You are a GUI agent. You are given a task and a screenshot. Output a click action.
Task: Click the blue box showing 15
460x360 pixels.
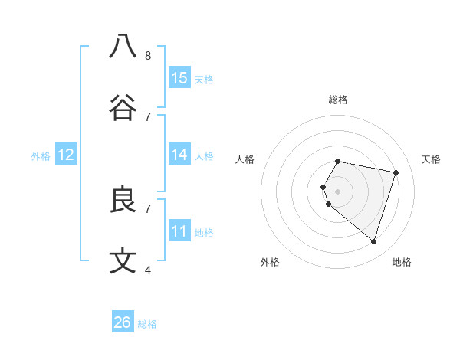tap(179, 78)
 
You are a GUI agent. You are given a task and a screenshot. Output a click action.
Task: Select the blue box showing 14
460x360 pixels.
tap(179, 155)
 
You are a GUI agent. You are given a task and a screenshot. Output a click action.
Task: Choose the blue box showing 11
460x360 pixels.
tap(179, 231)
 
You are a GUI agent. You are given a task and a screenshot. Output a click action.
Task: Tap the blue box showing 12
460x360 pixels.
tap(66, 155)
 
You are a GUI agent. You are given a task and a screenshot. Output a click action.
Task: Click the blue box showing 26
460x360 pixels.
tap(123, 322)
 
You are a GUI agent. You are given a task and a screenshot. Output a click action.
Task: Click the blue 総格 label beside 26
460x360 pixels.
tap(147, 324)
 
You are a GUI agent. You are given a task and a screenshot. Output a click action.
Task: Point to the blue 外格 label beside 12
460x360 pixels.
tap(41, 156)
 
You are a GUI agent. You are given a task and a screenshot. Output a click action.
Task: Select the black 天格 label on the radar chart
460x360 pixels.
tap(431, 159)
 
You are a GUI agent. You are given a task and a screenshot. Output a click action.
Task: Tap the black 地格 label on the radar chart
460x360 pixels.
tap(402, 262)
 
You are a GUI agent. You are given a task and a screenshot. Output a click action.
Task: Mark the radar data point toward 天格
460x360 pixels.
tap(396, 173)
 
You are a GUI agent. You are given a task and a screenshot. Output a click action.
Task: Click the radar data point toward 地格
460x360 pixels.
tap(373, 242)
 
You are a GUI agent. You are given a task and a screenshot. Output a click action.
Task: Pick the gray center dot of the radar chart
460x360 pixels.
tap(338, 191)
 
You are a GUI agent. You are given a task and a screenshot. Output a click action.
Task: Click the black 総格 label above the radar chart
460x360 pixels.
tap(338, 100)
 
